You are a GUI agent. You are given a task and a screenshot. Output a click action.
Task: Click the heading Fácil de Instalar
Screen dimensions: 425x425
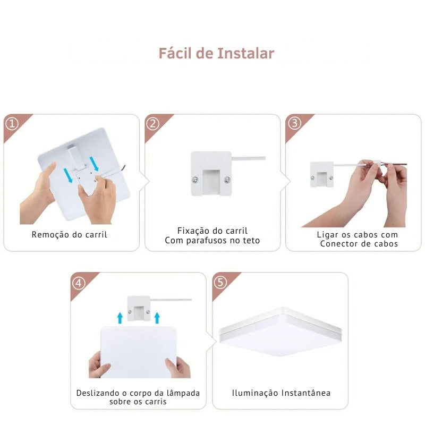[216, 54]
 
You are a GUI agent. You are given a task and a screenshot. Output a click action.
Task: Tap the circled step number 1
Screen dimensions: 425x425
[12, 124]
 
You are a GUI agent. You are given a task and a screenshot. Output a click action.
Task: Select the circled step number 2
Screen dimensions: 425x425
[152, 124]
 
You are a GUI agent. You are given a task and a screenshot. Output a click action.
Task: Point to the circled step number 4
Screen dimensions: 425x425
[79, 283]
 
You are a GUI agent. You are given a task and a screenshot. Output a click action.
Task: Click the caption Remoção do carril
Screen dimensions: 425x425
[69, 234]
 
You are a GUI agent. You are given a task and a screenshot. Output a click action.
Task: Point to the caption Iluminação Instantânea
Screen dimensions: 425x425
[281, 393]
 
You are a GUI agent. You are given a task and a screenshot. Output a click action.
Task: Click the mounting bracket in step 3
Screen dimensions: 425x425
[321, 175]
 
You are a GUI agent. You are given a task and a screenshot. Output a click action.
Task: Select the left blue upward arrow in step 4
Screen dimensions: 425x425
[120, 318]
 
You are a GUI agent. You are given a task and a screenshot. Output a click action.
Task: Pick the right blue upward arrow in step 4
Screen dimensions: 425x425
[157, 318]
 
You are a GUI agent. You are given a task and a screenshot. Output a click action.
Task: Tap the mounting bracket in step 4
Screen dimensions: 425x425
[139, 308]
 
